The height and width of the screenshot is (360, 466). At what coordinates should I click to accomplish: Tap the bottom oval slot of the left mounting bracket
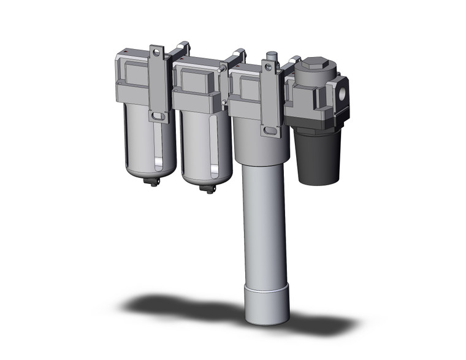click(x=158, y=116)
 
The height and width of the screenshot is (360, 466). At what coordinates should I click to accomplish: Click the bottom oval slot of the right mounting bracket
click(x=268, y=130)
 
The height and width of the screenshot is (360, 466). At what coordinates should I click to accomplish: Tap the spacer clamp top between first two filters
click(x=181, y=48)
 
